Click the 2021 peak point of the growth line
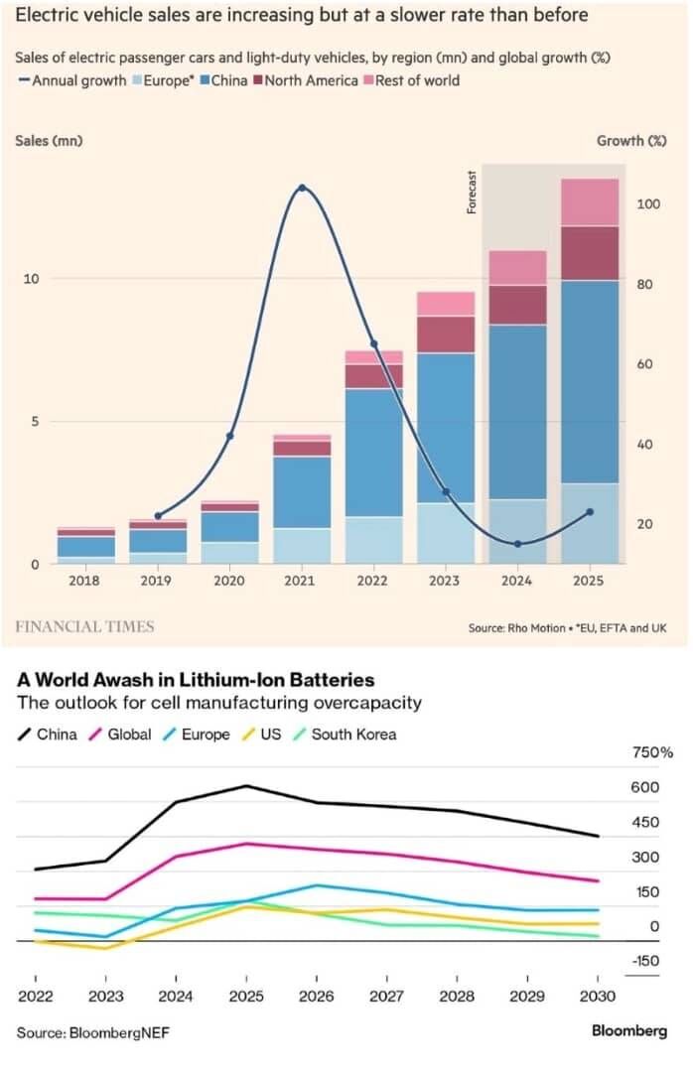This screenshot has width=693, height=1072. (302, 188)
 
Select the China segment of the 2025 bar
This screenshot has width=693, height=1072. (590, 381)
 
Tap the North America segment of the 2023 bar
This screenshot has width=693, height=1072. (446, 335)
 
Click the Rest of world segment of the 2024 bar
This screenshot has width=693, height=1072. (517, 267)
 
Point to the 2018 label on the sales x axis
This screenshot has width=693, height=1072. (86, 581)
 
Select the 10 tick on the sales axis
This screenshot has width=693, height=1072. (30, 279)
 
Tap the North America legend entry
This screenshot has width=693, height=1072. (309, 80)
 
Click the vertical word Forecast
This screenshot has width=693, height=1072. (473, 192)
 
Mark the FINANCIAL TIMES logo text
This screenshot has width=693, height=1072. (85, 626)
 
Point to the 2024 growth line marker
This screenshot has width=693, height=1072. (517, 543)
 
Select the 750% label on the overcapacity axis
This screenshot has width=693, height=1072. (652, 753)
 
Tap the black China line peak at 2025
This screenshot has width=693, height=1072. (247, 786)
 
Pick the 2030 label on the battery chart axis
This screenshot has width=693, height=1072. (597, 996)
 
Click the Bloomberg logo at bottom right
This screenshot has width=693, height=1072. (629, 1031)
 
